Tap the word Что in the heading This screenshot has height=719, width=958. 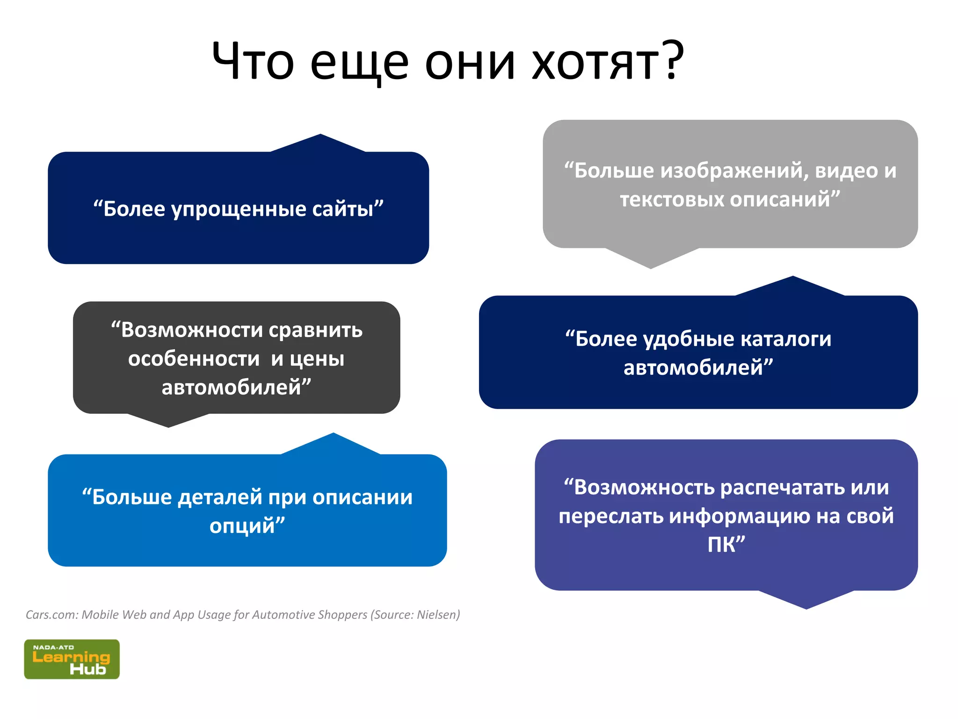(253, 62)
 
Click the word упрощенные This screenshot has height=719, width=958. (239, 210)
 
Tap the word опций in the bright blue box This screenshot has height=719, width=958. (244, 526)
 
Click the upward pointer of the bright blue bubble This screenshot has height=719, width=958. (333, 444)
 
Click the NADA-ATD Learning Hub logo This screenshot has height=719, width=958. (72, 659)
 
